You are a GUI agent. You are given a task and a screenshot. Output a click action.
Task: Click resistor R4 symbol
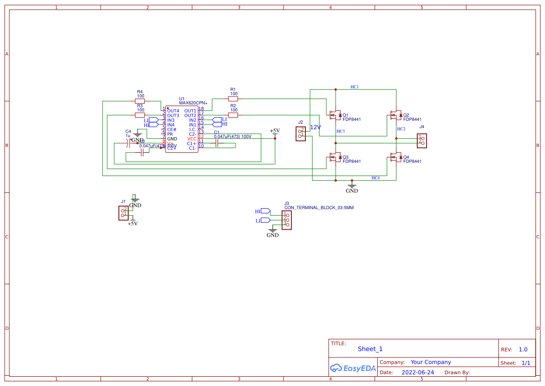140,101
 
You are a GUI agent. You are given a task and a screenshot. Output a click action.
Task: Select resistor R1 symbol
233,98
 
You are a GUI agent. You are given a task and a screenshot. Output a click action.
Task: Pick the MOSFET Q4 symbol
395,157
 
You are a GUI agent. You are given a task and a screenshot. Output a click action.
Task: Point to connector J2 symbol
301,134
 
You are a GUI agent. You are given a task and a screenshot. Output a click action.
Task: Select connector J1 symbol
124,213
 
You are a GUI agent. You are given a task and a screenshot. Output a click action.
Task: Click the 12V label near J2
316,127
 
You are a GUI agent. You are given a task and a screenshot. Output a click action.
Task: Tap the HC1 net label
354,87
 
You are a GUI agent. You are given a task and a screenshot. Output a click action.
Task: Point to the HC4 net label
375,178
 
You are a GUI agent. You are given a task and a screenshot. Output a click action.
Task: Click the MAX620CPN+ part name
193,103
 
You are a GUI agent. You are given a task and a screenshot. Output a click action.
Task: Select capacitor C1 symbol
217,143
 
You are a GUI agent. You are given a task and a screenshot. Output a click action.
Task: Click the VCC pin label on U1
192,139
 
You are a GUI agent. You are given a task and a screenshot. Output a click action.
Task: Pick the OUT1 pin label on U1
190,111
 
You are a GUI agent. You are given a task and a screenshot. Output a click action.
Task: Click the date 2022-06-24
418,372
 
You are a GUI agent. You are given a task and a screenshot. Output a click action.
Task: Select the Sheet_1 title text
370,349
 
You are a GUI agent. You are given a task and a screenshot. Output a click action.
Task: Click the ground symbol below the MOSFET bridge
352,186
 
